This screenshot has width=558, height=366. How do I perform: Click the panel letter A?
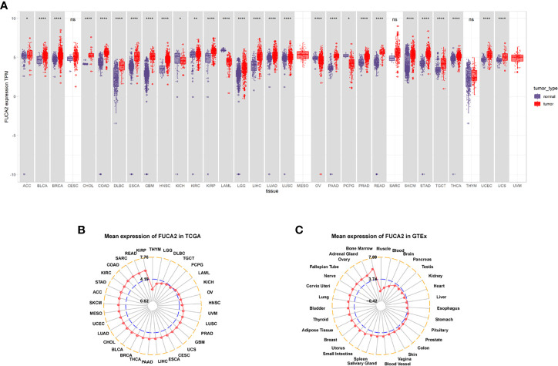click(6, 5)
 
